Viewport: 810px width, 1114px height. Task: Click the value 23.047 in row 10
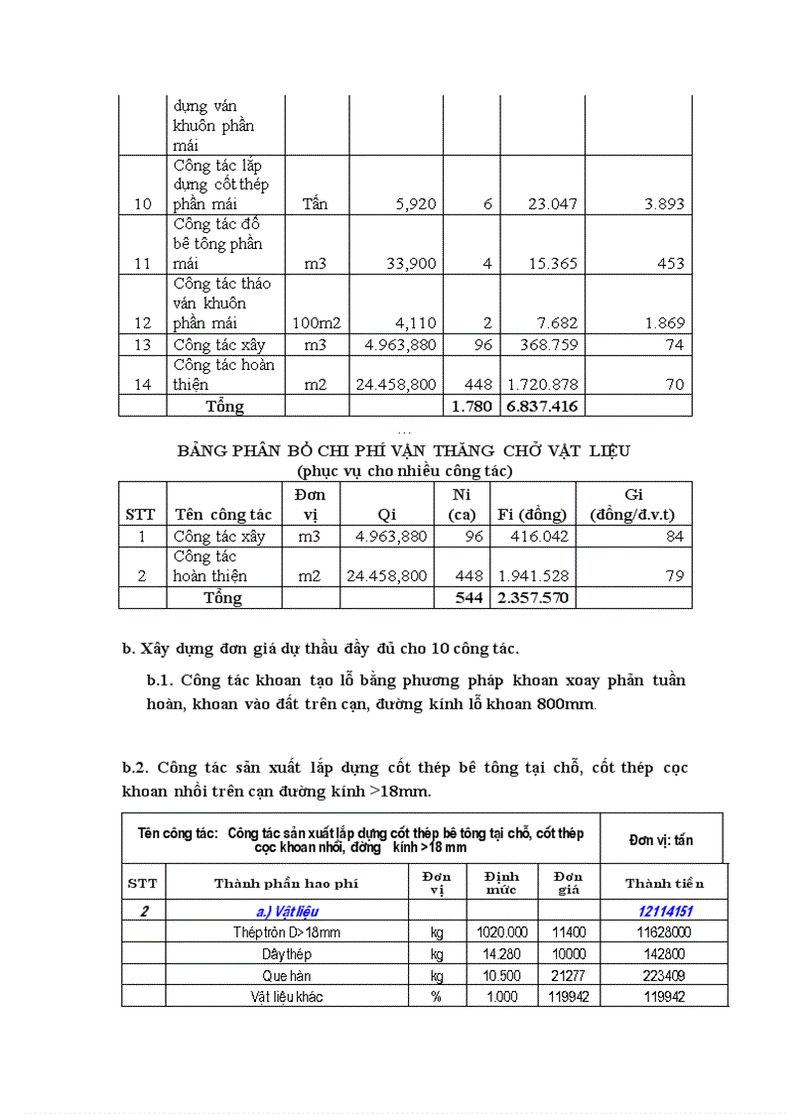[x=542, y=204]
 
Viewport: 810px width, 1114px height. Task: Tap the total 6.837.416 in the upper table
[x=542, y=406]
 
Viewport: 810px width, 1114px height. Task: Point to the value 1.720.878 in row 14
[x=542, y=384]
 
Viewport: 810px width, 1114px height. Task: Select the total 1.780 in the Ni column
[x=472, y=406]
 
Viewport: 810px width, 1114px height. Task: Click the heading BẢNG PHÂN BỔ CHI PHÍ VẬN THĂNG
[x=404, y=450]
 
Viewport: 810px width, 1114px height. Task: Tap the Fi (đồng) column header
[x=532, y=514]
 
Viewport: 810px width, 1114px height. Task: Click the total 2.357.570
[x=534, y=597]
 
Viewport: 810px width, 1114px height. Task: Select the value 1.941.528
[x=534, y=575]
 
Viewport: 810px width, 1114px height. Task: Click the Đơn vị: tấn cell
[x=661, y=839]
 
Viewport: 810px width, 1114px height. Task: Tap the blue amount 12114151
[x=665, y=911]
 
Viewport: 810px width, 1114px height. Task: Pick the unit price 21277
[x=567, y=975]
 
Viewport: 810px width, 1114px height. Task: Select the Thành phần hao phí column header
[x=286, y=883]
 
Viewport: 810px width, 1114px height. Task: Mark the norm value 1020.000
[x=501, y=932]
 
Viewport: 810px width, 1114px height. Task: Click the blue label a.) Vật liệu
[x=287, y=911]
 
